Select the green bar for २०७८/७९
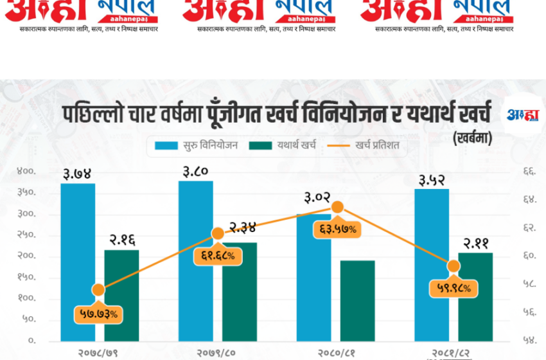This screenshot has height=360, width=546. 121,295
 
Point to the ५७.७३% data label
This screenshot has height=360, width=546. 98,314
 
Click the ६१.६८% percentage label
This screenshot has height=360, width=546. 216,256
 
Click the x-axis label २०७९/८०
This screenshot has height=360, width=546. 216,353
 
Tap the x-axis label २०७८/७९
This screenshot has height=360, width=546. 98,353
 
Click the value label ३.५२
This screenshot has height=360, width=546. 431,178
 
